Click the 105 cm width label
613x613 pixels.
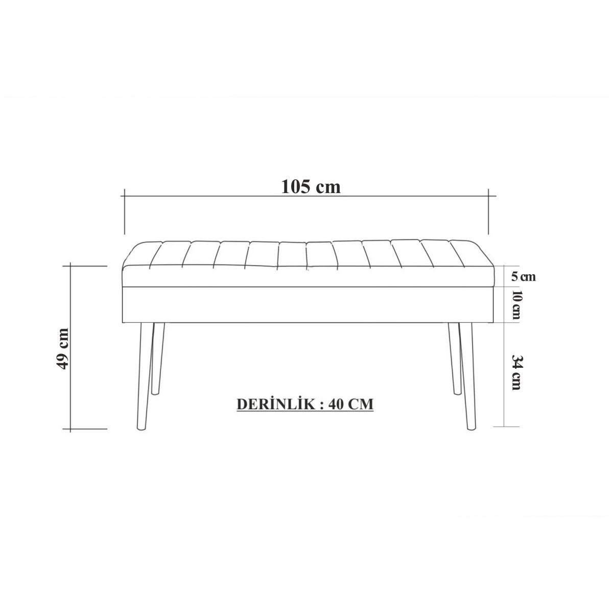[x=311, y=186]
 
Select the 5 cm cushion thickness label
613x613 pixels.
[x=523, y=276]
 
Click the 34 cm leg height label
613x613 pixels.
[x=516, y=373]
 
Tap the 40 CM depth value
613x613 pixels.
[x=351, y=404]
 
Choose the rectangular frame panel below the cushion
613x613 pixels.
[x=309, y=305]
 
